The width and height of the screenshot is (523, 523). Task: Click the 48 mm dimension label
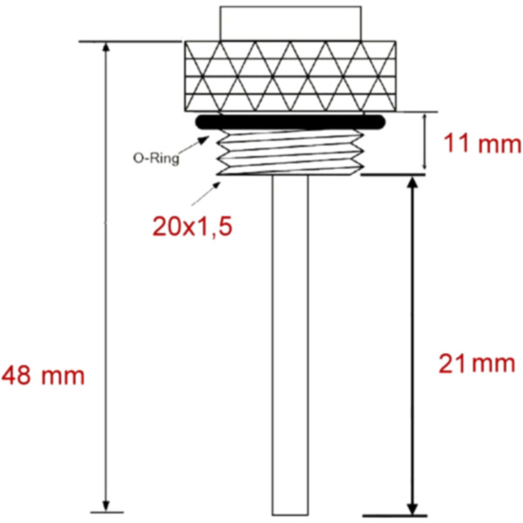(x=44, y=377)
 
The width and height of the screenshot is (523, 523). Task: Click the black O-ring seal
(x=290, y=123)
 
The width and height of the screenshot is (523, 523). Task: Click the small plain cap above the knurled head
(x=290, y=23)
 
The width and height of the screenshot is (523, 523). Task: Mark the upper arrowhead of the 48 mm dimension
(x=107, y=48)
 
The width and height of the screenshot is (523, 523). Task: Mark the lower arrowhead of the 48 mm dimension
(x=107, y=506)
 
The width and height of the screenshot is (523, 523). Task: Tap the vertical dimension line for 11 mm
(x=424, y=141)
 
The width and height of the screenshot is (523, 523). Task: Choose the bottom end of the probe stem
(x=290, y=512)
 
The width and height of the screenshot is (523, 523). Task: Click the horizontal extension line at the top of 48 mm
(x=131, y=41)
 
